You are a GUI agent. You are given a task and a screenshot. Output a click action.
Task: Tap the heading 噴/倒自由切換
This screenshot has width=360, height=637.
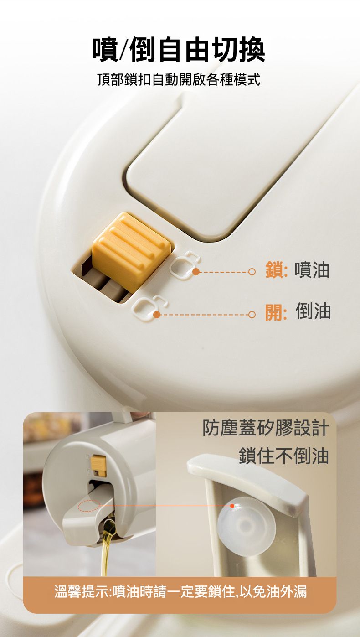179,50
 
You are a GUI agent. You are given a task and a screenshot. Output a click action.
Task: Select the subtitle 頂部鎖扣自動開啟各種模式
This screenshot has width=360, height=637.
179,79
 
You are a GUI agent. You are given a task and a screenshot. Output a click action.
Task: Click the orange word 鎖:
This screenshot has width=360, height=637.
277,270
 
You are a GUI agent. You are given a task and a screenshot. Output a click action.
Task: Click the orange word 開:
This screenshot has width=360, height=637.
276,312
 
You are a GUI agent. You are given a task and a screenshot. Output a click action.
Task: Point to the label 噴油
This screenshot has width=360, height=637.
312,270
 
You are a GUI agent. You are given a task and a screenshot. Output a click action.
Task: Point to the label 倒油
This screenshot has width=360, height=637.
313,312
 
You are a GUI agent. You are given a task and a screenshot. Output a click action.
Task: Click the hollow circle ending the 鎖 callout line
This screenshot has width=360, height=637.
252,272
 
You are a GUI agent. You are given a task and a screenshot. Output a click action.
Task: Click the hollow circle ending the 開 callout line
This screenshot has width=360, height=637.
252,315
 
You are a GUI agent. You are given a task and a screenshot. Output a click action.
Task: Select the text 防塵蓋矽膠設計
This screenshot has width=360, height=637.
266,428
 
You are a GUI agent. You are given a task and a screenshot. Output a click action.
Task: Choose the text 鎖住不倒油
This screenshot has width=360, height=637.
283,456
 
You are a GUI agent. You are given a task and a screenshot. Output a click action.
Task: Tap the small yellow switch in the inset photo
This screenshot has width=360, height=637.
98,465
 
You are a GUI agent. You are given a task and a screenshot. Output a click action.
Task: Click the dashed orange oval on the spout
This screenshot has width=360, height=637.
88,506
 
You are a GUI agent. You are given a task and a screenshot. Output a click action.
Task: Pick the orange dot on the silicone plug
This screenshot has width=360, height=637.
232,506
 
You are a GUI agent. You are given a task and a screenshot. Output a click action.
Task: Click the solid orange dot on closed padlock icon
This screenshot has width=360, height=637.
195,272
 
